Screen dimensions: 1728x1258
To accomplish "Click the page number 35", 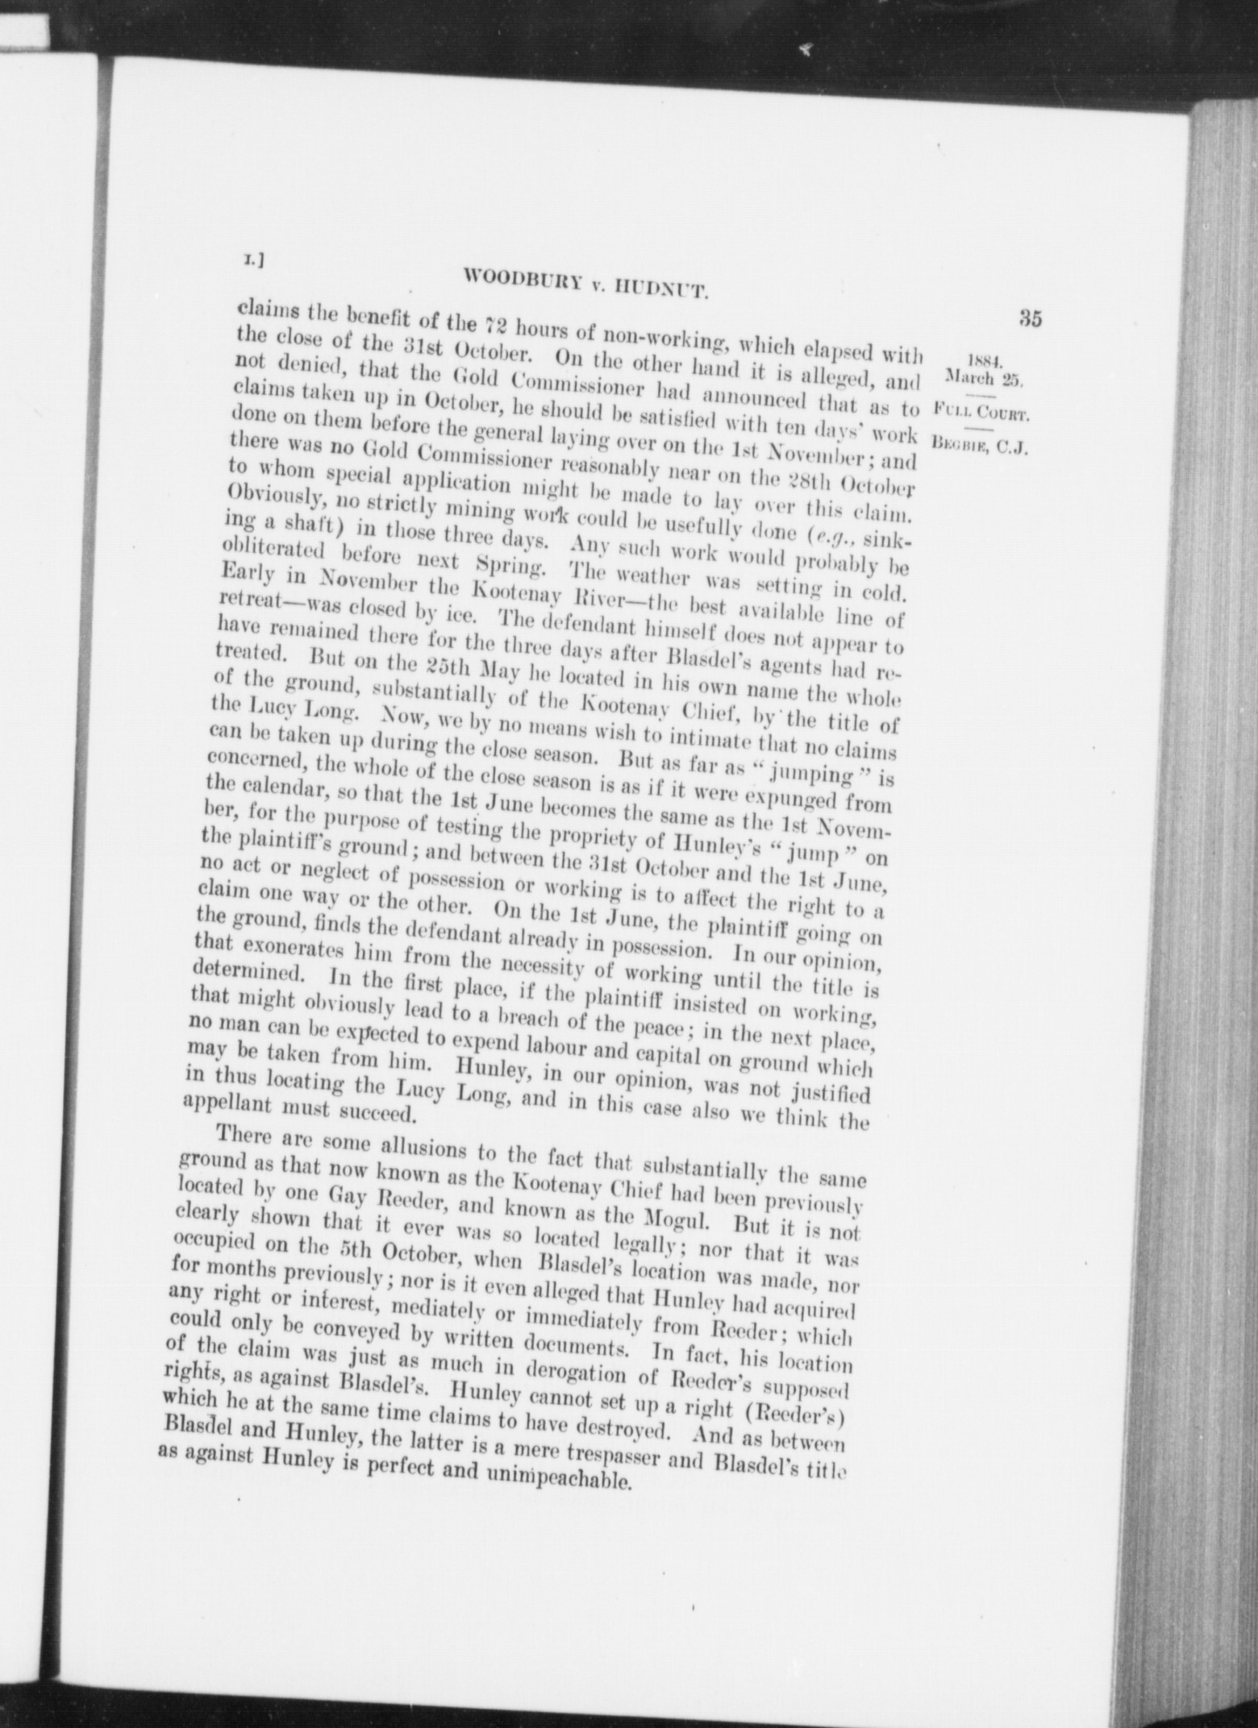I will [x=1030, y=318].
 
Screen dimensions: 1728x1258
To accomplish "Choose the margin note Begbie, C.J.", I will [x=978, y=446].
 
